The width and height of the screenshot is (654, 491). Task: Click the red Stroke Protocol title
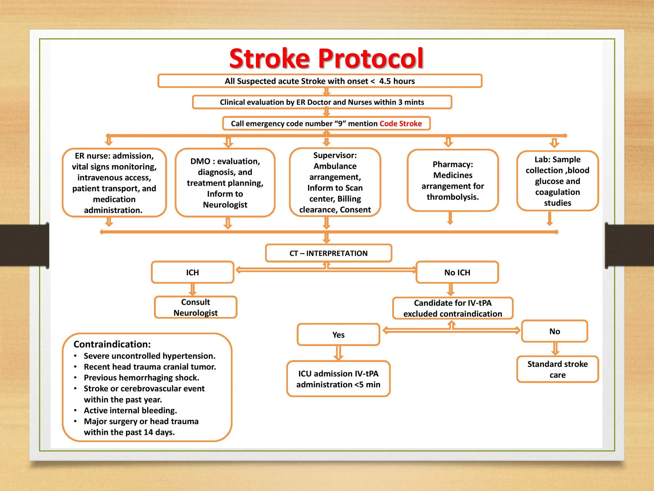click(326, 58)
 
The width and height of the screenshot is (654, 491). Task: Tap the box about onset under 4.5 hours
click(320, 81)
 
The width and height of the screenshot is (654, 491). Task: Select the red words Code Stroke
click(400, 124)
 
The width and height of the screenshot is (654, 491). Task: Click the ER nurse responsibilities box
click(114, 183)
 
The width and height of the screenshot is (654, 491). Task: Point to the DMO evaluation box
click(225, 183)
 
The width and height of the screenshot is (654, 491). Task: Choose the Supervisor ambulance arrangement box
click(335, 182)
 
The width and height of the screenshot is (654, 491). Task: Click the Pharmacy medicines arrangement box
click(452, 181)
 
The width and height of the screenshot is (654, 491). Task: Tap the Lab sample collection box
click(557, 181)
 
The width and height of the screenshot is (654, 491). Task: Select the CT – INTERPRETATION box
click(328, 253)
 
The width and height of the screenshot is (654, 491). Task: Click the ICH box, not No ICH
click(193, 272)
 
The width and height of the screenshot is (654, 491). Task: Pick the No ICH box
click(457, 272)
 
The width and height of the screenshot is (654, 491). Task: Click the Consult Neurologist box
click(195, 307)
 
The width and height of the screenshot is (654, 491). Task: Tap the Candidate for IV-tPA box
click(452, 308)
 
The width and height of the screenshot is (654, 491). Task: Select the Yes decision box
click(338, 335)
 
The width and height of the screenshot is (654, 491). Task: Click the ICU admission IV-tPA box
click(338, 379)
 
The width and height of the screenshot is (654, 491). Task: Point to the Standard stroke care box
click(557, 369)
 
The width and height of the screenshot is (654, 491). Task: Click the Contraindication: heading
click(112, 344)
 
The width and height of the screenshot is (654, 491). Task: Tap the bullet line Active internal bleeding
click(130, 410)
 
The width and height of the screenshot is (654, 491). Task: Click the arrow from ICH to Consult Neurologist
click(193, 290)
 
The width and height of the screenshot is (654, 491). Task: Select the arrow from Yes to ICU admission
click(338, 353)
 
